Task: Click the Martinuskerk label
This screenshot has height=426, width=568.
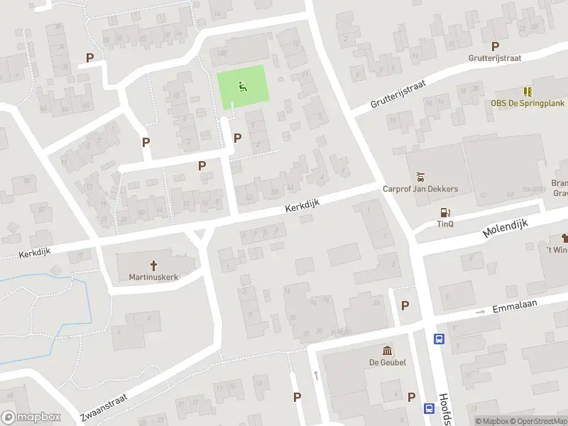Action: tap(153, 277)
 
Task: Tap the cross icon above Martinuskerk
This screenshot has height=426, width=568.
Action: tap(153, 264)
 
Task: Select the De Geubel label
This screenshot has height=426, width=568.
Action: tap(388, 363)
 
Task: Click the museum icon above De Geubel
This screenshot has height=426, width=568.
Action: tap(388, 350)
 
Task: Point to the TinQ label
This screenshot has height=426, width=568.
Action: tap(445, 224)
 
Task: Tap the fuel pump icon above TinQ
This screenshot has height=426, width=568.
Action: tap(445, 212)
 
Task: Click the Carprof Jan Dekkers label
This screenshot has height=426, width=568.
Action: tap(420, 189)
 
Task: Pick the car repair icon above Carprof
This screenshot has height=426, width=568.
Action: tap(420, 176)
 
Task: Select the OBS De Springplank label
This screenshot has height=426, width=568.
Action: tap(528, 103)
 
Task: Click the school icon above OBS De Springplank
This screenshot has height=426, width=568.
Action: tap(528, 91)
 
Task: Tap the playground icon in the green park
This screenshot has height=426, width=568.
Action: tap(242, 87)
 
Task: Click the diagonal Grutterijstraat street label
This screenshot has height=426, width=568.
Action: tap(398, 94)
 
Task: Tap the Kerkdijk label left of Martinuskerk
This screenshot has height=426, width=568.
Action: tap(35, 253)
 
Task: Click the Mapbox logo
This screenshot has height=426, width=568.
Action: tap(31, 417)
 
